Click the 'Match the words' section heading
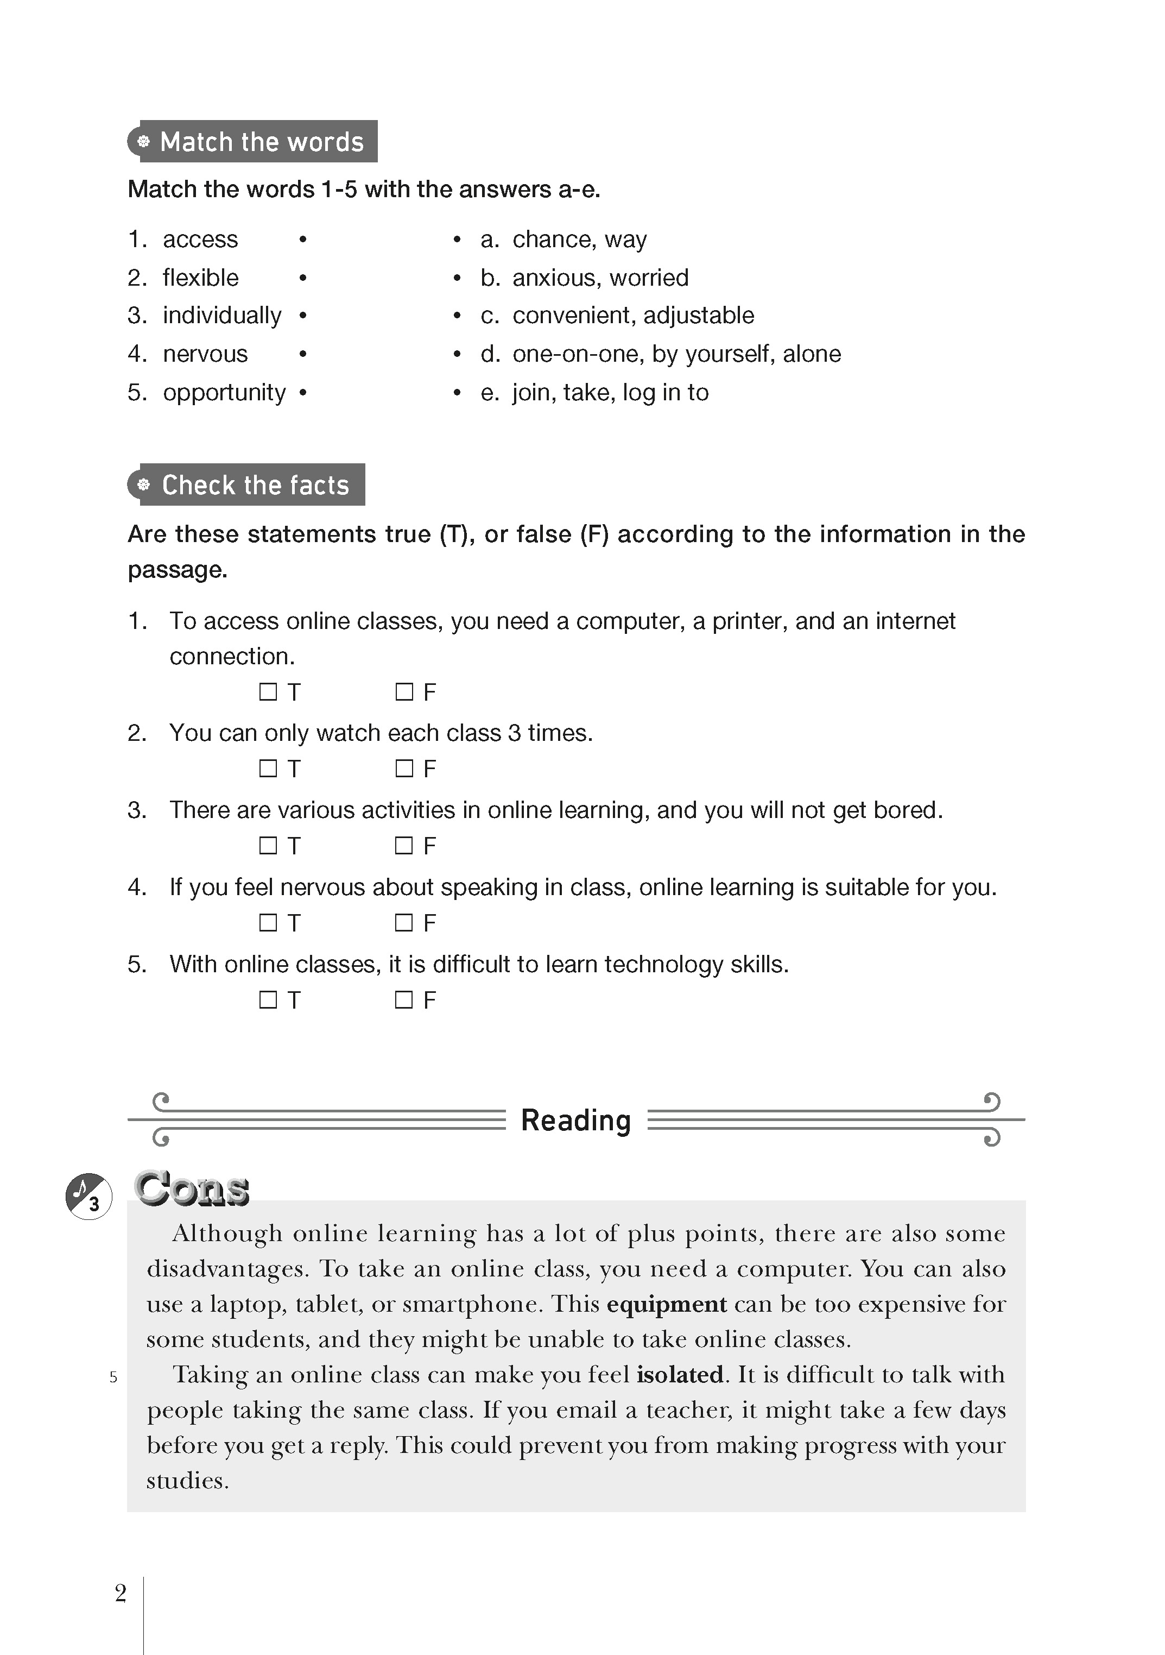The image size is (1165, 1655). point(261,142)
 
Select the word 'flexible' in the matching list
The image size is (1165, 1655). point(200,278)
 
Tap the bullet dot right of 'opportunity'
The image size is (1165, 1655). point(302,393)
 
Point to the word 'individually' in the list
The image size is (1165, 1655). point(222,315)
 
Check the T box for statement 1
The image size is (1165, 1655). point(268,692)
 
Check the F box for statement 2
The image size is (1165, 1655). point(404,769)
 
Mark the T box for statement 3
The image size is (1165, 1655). point(268,846)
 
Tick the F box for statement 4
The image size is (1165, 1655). point(404,923)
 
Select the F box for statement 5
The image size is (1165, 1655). point(404,1000)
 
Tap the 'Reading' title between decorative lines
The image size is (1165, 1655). point(575,1120)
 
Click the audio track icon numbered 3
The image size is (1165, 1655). point(88,1197)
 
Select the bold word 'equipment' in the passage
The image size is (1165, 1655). point(667,1305)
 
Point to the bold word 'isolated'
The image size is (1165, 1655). point(680,1375)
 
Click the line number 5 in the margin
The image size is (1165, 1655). point(113,1377)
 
